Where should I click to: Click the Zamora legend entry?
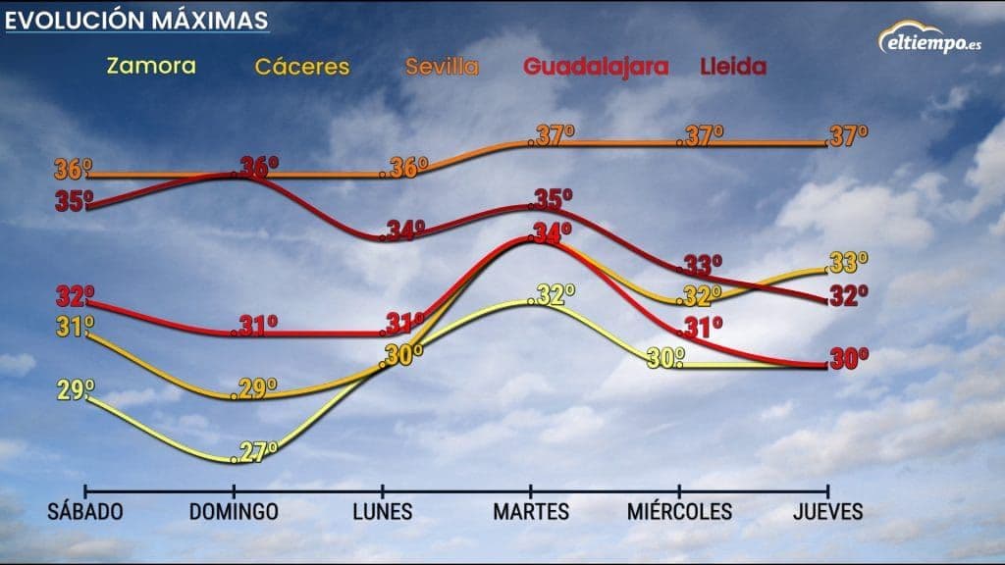point(150,67)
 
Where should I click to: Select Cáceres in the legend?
point(302,68)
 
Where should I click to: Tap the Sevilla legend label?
point(444,68)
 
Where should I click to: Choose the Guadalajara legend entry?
point(596,68)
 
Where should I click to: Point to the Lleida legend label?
point(733,68)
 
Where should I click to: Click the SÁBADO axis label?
point(85,512)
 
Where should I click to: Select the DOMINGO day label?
point(234,512)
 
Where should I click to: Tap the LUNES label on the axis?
point(382,512)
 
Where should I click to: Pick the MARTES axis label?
point(531,512)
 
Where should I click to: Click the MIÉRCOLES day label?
point(679,512)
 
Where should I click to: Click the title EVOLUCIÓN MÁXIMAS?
point(136,20)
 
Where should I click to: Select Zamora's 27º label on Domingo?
point(258,451)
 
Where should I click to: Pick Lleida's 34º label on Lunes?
point(405,231)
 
